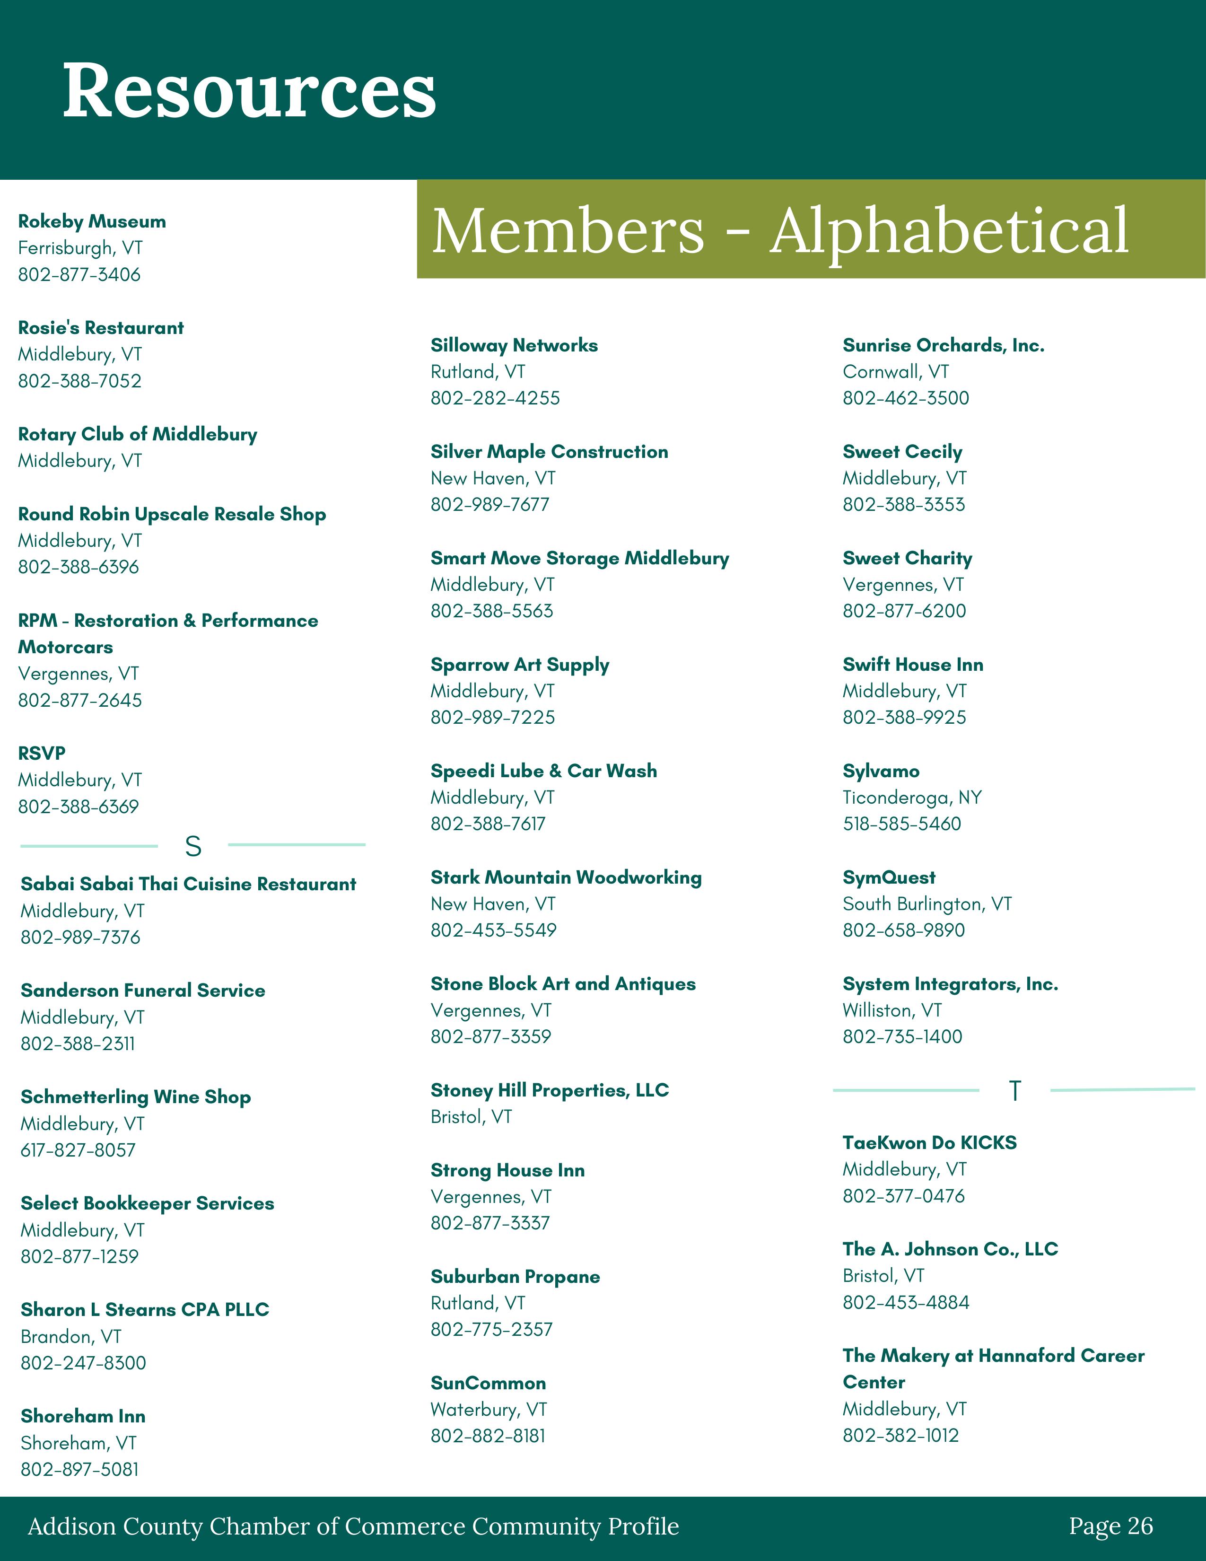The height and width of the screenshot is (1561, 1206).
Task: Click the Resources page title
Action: pyautogui.click(x=249, y=91)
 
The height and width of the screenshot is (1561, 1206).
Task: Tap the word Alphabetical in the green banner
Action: pyautogui.click(x=949, y=230)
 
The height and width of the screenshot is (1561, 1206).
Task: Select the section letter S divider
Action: pyautogui.click(x=193, y=846)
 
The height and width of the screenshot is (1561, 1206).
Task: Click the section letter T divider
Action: pyautogui.click(x=1014, y=1091)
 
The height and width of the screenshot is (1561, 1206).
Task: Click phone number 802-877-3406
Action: pyautogui.click(x=79, y=274)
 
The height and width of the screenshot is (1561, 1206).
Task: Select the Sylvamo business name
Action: pyautogui.click(x=881, y=771)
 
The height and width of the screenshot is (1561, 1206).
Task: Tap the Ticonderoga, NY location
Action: pyautogui.click(x=912, y=798)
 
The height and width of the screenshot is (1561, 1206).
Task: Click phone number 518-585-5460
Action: pyautogui.click(x=901, y=824)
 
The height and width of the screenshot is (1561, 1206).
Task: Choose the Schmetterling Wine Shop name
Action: pyautogui.click(x=136, y=1097)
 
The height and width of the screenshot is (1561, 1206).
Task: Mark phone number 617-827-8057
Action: pyautogui.click(x=78, y=1150)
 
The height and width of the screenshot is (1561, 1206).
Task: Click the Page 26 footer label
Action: pyautogui.click(x=1110, y=1526)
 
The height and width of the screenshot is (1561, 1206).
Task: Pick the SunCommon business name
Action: pyautogui.click(x=488, y=1383)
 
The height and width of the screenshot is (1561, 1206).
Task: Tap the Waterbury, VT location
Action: pyautogui.click(x=489, y=1410)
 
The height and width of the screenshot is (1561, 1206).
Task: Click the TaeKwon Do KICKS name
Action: pyautogui.click(x=929, y=1143)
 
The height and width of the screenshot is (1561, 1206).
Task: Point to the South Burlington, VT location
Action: pyautogui.click(x=926, y=904)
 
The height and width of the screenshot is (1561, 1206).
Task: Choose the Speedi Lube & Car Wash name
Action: pyautogui.click(x=544, y=771)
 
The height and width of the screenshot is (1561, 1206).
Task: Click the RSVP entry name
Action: pyautogui.click(x=42, y=754)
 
